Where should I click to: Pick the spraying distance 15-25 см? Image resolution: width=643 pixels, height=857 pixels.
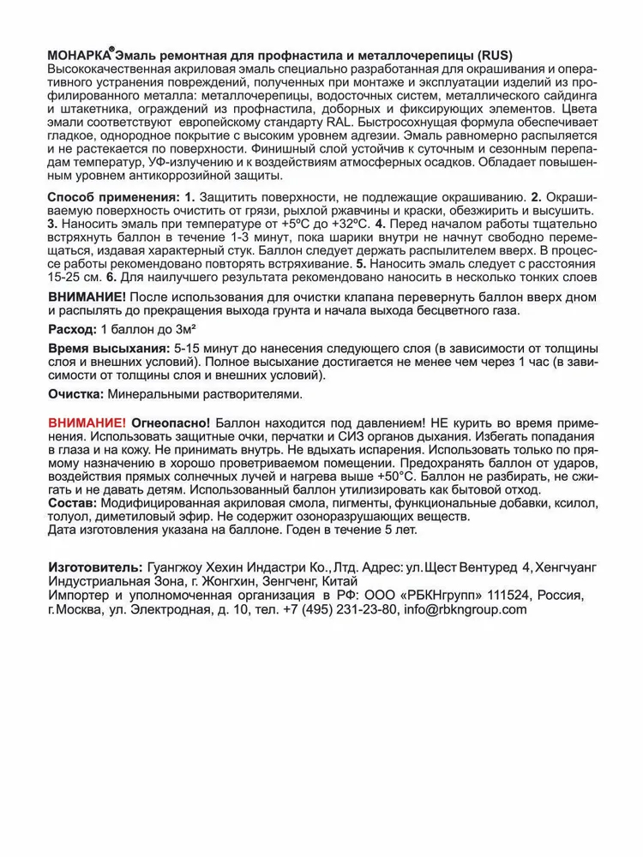(72, 279)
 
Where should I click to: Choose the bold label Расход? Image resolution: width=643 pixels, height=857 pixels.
(72, 330)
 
